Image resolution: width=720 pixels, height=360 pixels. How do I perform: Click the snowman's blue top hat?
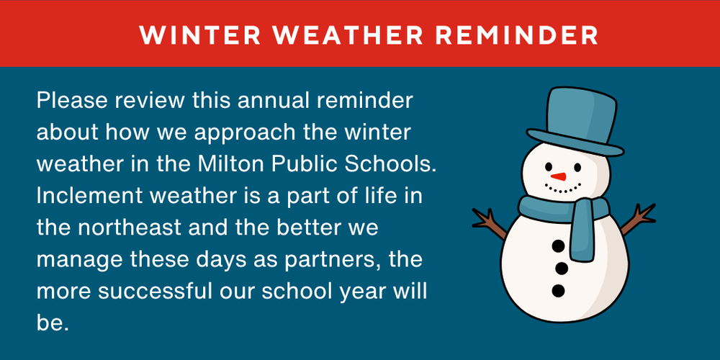click(573, 119)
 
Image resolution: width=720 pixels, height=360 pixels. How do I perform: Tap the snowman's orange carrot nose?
click(558, 176)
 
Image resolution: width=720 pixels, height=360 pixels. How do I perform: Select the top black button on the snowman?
click(559, 246)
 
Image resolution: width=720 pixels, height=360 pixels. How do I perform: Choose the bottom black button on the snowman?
click(558, 291)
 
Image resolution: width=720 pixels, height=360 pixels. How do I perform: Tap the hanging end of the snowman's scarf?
click(582, 234)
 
